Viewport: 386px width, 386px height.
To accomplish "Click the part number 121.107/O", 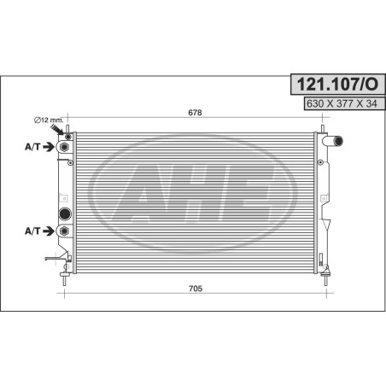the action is tap(337, 85).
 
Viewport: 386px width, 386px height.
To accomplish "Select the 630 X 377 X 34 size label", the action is tap(342, 103).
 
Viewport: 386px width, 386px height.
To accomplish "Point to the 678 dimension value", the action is tap(195, 113).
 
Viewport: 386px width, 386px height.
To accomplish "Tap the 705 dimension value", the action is tap(196, 289).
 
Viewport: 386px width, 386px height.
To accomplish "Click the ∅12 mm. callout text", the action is tap(49, 120).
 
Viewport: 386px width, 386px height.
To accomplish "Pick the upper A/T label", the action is tap(32, 147).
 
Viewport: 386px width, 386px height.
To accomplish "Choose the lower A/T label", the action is tap(32, 231).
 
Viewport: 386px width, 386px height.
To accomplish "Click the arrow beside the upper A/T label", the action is tap(49, 147).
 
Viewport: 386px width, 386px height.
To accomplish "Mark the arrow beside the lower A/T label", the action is tap(49, 231).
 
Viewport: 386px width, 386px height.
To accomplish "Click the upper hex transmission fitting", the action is tap(64, 147).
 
